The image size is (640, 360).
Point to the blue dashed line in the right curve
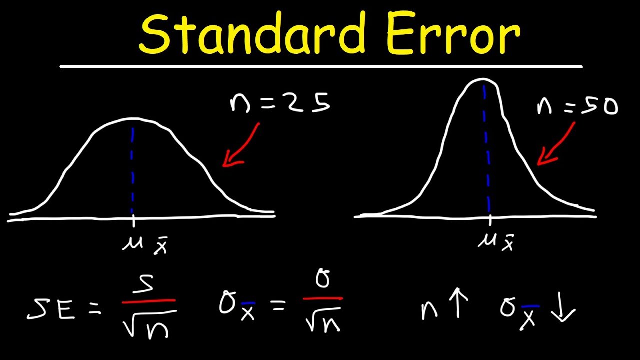click(486, 150)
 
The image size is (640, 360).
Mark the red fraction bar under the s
click(148, 301)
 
